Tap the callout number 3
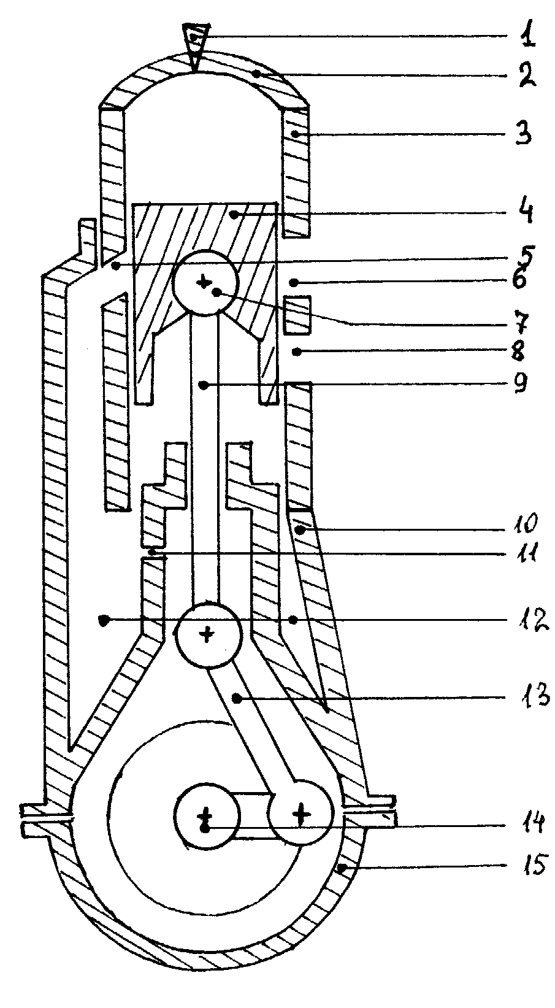tap(524, 134)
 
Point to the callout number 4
tap(524, 212)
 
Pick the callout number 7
tap(521, 320)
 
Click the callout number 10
tap(524, 524)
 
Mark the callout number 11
tap(524, 553)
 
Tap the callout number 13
tap(534, 696)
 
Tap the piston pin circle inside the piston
tap(205, 283)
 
